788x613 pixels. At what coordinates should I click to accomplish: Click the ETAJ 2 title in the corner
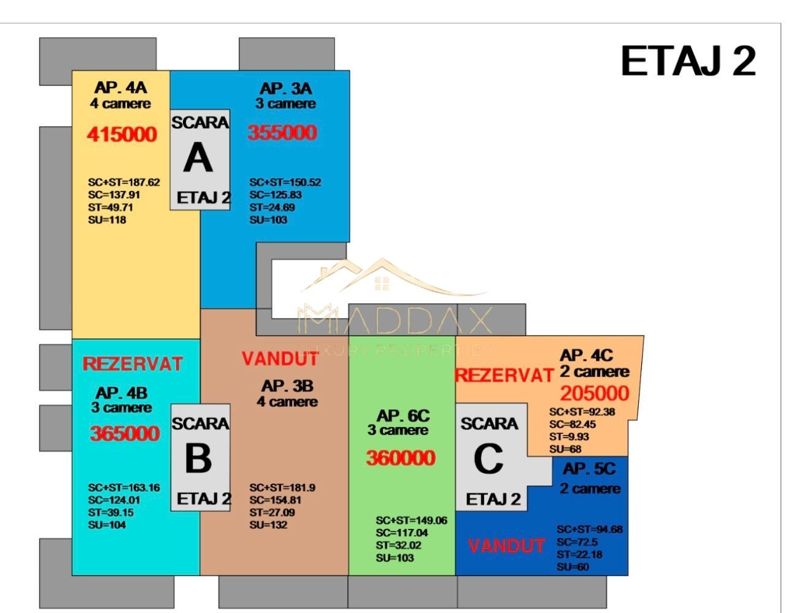click(688, 61)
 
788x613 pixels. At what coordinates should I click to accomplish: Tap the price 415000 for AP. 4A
click(122, 134)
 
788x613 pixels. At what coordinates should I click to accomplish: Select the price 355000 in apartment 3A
click(282, 133)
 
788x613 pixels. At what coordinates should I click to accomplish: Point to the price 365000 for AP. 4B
click(125, 433)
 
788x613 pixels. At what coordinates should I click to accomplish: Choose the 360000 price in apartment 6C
click(401, 458)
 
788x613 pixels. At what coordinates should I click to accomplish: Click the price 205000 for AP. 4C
click(595, 393)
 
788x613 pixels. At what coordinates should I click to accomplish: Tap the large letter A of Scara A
click(198, 158)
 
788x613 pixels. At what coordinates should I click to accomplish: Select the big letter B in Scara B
click(198, 458)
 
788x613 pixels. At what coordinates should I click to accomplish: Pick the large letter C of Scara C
click(488, 459)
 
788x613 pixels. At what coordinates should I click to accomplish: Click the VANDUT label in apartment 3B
click(280, 359)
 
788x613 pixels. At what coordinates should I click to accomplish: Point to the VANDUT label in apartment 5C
click(506, 546)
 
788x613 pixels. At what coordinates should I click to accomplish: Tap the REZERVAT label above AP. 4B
click(133, 364)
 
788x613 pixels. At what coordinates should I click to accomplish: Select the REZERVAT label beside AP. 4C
click(504, 375)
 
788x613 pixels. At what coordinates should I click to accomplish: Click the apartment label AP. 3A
click(286, 89)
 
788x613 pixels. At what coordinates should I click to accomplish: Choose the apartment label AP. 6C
click(403, 415)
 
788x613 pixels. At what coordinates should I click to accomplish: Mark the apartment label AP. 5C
click(589, 469)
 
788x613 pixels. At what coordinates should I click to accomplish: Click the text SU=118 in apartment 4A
click(107, 220)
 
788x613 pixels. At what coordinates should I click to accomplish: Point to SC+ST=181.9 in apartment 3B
click(282, 488)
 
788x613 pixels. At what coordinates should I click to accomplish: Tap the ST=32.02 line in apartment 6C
click(398, 546)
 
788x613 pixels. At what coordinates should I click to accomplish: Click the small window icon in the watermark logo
click(382, 284)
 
